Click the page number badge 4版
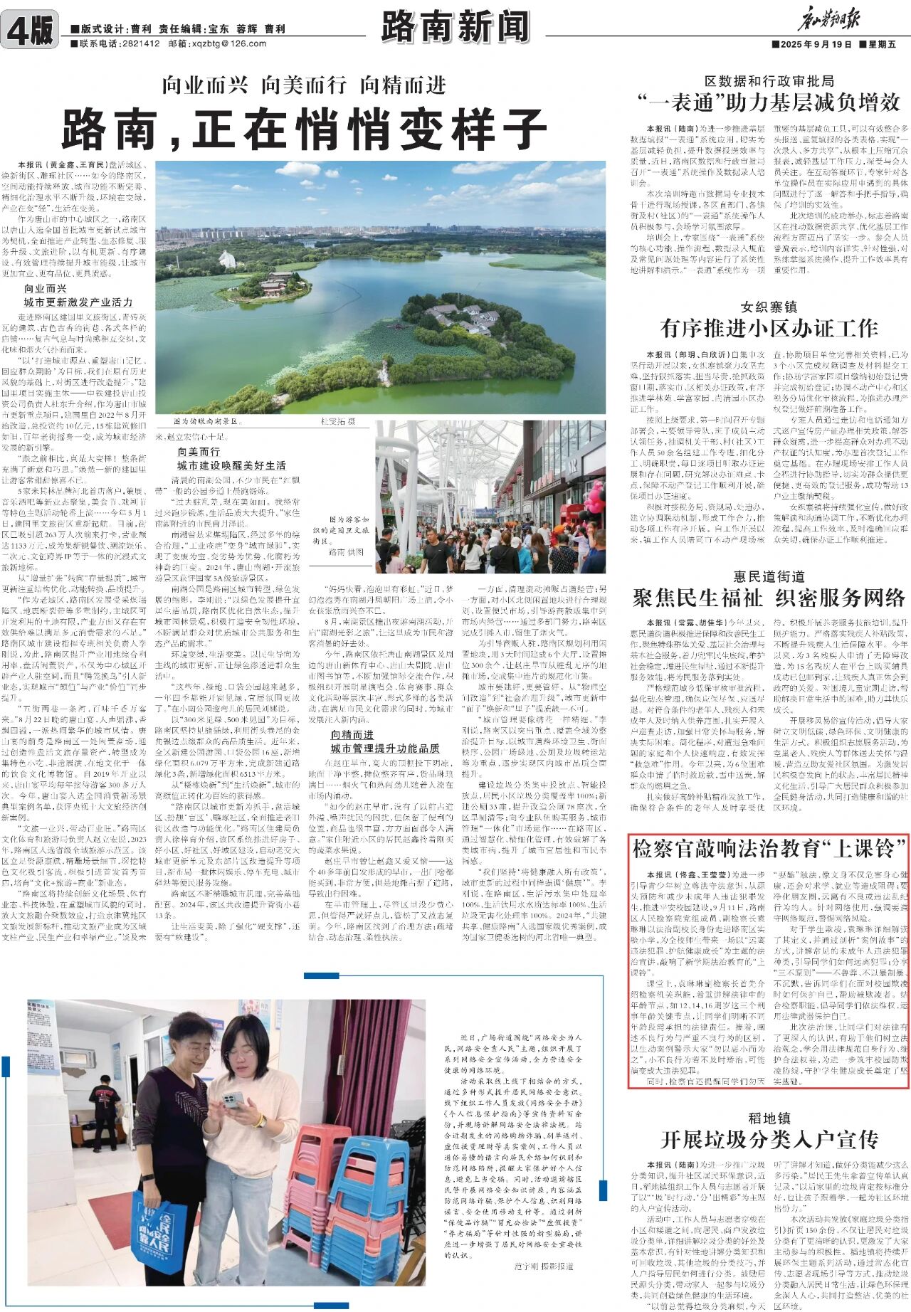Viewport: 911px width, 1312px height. click(30, 31)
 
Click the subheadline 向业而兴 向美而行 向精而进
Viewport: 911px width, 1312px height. click(303, 85)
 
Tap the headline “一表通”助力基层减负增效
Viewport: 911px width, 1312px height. click(769, 102)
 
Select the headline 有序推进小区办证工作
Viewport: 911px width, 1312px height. click(769, 328)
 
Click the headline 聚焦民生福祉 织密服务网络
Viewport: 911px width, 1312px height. click(769, 598)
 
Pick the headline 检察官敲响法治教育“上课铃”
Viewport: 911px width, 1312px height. click(769, 849)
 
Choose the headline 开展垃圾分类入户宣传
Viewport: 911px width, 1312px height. click(769, 1140)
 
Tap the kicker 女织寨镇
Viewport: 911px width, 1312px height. click(769, 307)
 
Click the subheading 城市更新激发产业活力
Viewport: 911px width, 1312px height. click(78, 302)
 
